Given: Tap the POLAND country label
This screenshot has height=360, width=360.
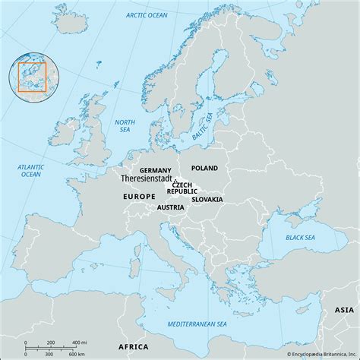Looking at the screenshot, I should (x=204, y=168).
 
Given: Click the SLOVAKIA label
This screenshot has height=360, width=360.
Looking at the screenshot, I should (x=207, y=199).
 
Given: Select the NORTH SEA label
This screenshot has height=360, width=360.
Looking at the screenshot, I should (x=123, y=125).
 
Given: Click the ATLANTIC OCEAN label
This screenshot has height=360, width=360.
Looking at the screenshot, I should (x=30, y=170).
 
